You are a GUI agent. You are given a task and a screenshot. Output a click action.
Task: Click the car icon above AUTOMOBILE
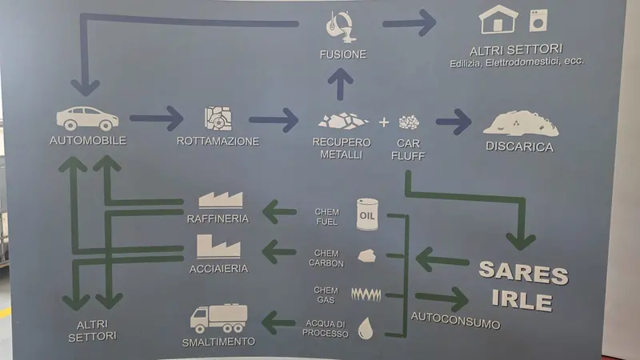click(x=87, y=118)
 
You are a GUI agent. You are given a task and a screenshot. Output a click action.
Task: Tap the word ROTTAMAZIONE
click(x=218, y=142)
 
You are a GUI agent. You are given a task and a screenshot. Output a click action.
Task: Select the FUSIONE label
click(x=343, y=54)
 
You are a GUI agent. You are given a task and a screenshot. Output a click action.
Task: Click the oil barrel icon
click(x=367, y=214)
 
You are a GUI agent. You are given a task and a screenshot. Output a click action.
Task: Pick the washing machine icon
click(x=538, y=21)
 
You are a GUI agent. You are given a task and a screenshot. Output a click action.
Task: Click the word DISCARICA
click(x=519, y=146)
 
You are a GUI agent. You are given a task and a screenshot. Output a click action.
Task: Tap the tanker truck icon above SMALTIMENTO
click(x=218, y=318)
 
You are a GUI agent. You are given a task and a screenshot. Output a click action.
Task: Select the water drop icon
click(x=366, y=329)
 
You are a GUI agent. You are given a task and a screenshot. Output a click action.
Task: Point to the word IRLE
click(x=522, y=300)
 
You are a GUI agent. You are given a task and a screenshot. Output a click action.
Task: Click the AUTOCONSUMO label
click(x=455, y=321)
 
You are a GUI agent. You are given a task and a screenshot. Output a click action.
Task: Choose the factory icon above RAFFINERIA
click(x=221, y=200)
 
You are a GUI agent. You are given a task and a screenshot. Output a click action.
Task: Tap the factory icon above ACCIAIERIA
click(x=218, y=246)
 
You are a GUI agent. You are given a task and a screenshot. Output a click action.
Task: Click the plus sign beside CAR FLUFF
click(x=384, y=122)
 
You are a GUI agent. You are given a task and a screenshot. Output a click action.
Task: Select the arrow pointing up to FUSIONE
click(x=340, y=84)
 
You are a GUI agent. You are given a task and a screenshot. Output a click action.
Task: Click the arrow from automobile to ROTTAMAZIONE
click(x=157, y=118)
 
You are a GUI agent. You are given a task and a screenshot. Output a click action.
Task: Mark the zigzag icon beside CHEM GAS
click(x=366, y=294)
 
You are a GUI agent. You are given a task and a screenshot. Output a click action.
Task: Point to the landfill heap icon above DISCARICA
click(x=521, y=123)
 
